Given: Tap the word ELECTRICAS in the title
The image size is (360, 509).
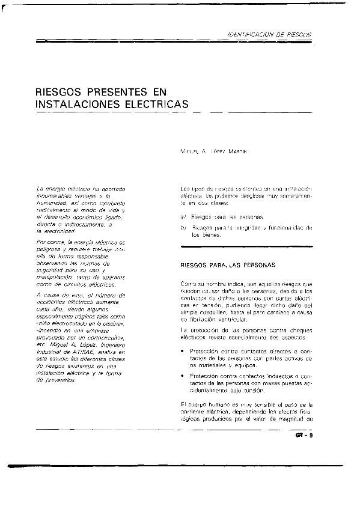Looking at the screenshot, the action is click(x=156, y=105).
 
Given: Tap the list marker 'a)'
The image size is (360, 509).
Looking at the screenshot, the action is click(x=183, y=215).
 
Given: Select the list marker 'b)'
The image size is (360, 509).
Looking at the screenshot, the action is click(x=183, y=228).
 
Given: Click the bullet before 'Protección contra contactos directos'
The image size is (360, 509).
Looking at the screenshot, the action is click(x=182, y=350).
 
